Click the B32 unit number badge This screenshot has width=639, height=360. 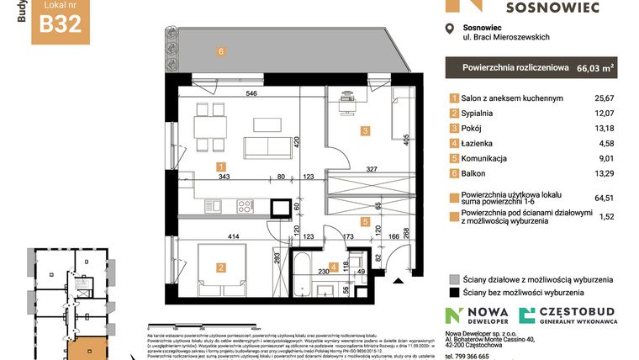coord(61,23)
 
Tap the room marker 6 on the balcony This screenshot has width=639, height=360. coord(221,51)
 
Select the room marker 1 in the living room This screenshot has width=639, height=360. coord(219,167)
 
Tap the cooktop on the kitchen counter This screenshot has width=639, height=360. coord(246,204)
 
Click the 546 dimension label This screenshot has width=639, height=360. coord(251,94)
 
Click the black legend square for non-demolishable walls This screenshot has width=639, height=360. coord(454,293)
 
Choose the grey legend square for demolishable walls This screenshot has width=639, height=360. coord(454,278)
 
